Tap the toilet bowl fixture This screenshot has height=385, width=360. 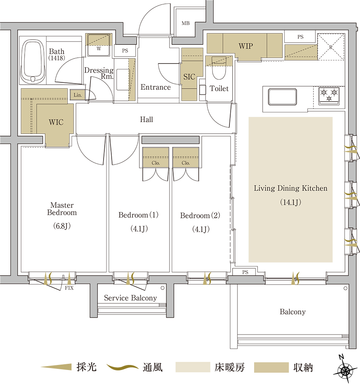[x=219, y=68]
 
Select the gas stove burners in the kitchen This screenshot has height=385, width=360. [x=329, y=96]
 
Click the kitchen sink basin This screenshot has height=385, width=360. [x=282, y=97]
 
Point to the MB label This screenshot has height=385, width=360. [x=186, y=23]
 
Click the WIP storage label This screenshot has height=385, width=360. [x=246, y=46]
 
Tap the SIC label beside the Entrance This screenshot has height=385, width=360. [x=189, y=77]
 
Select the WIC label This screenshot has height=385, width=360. [x=56, y=122]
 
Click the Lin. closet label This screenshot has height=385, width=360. [x=78, y=95]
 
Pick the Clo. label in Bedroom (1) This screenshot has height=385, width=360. [x=156, y=163]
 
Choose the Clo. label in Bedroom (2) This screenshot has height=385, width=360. [x=186, y=163]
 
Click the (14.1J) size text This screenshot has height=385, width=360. [x=291, y=203]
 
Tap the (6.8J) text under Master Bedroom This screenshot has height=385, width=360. [x=62, y=226]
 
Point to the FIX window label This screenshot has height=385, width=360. [x=69, y=288]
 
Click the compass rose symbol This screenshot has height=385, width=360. [x=345, y=369]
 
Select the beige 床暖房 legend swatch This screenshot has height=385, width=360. [x=193, y=367]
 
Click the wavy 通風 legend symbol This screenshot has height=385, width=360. [x=122, y=367]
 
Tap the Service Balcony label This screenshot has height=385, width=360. [x=131, y=298]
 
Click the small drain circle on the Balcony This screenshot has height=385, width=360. [x=345, y=288]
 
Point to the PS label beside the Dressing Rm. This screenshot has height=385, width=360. [x=125, y=50]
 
